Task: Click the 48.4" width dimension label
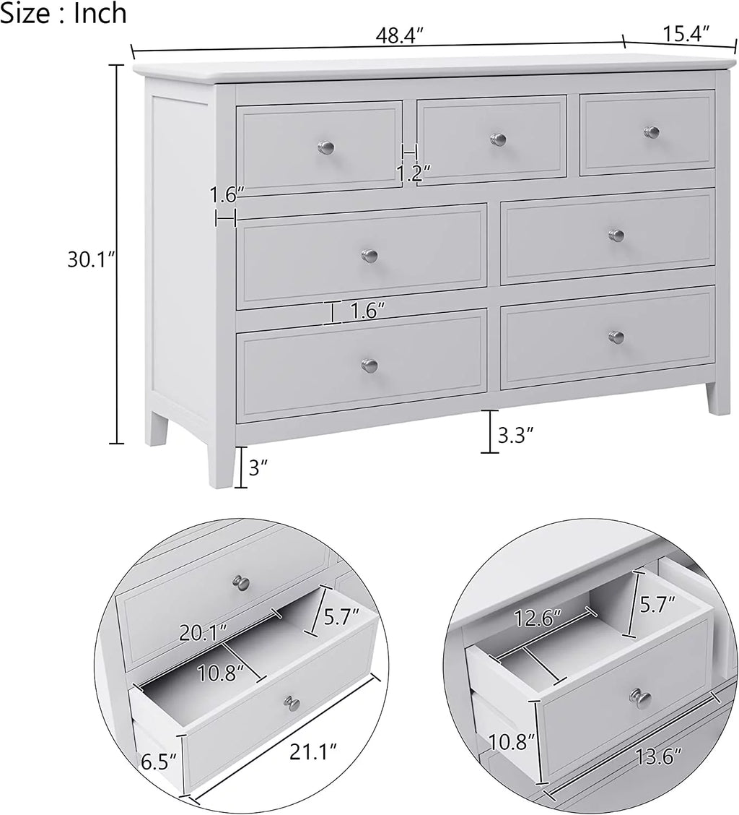(x=396, y=35)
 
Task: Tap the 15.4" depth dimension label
(x=683, y=33)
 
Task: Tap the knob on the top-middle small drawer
(x=497, y=139)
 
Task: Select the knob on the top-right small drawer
(x=652, y=131)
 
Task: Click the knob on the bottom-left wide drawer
(x=369, y=365)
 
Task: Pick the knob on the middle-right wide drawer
(x=616, y=236)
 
